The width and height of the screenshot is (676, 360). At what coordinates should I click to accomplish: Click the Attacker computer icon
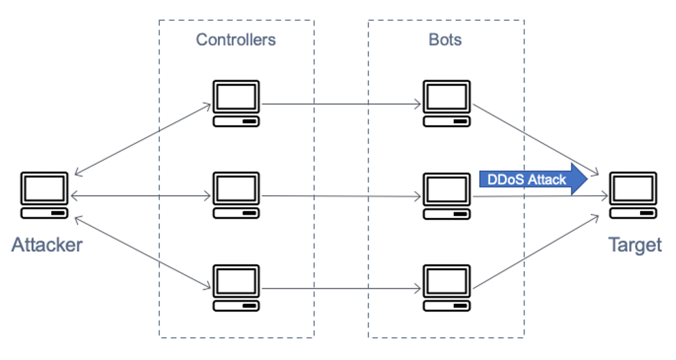[x=44, y=196]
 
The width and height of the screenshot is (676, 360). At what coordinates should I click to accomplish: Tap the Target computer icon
[x=632, y=196]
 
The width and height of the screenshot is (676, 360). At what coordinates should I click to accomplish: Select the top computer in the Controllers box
[x=236, y=104]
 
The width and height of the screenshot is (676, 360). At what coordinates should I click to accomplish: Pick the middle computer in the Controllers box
[x=236, y=196]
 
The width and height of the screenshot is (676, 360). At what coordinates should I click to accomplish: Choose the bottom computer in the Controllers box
[x=236, y=287]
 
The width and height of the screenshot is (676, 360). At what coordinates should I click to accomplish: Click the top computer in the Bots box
[x=447, y=104]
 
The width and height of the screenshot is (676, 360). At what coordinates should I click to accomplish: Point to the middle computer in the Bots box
[x=447, y=196]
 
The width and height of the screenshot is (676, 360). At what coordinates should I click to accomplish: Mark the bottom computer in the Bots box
[x=447, y=287]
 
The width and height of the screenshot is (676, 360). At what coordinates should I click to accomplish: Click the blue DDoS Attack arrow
[x=533, y=180]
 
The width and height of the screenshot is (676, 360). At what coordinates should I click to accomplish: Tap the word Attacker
[x=46, y=244]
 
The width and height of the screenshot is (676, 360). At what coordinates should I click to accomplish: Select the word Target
[x=634, y=244]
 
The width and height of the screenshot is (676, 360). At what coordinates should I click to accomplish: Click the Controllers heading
[x=236, y=39]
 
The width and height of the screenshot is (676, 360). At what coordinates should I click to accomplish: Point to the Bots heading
[x=445, y=39]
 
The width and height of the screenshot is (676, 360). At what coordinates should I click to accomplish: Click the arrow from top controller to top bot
[x=342, y=105]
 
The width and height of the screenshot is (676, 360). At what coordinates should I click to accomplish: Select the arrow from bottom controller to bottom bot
[x=342, y=288]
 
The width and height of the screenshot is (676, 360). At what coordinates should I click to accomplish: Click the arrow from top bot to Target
[x=536, y=138]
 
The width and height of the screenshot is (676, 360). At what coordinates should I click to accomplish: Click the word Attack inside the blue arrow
[x=547, y=180]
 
